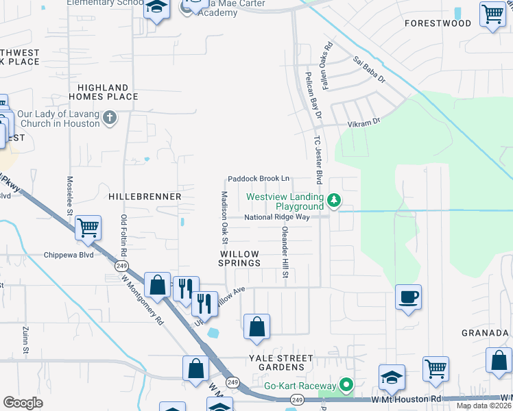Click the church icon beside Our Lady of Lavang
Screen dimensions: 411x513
point(109,119)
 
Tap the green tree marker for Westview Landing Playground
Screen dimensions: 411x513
point(334,200)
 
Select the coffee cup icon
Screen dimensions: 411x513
point(408,297)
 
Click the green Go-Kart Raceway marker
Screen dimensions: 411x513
point(347,386)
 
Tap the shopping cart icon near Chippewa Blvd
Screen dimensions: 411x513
point(88,227)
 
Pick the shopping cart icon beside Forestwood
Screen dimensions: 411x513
point(492,14)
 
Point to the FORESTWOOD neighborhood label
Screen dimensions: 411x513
point(448,23)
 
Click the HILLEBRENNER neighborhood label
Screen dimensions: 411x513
point(145,197)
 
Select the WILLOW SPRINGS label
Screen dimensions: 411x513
point(239,258)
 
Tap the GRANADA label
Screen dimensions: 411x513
point(485,333)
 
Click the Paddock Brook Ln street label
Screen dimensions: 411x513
point(259,177)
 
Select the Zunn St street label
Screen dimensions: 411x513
point(25,340)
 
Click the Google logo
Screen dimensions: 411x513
point(23,403)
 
